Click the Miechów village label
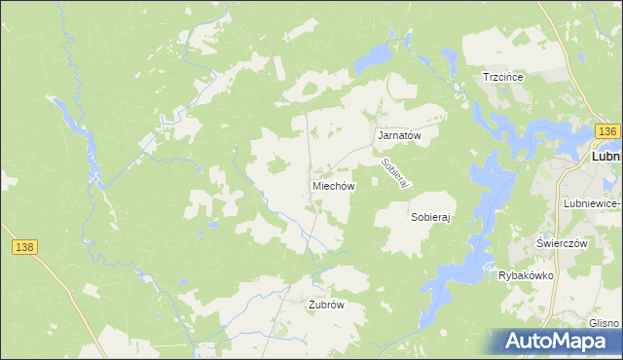333,185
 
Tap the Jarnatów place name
398,136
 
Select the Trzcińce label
504,77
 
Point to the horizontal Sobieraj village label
434,219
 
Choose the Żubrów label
326,305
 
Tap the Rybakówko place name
526,275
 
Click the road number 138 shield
25,248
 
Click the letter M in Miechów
316,185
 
